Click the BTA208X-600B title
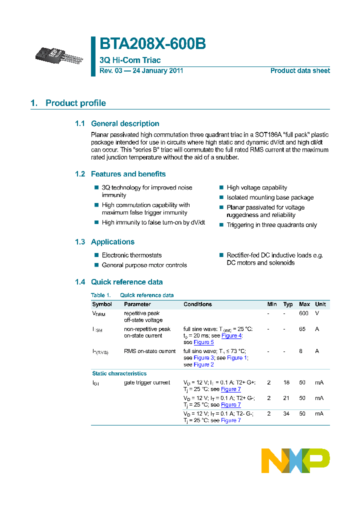click(152, 44)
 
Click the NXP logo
click(295, 460)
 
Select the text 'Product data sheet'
click(300, 70)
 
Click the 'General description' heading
click(125, 123)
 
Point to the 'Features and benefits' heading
click(128, 174)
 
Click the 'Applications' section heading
click(112, 241)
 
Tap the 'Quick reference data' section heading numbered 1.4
click(126, 282)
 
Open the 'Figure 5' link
click(203, 342)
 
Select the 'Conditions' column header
click(197, 304)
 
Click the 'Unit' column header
click(320, 304)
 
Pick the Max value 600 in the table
click(303, 313)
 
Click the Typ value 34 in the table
click(288, 414)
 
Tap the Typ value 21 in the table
click(288, 398)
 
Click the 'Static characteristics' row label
click(119, 373)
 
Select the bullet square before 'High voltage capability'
click(221, 187)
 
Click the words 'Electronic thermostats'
click(131, 255)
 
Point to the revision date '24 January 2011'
click(157, 70)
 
